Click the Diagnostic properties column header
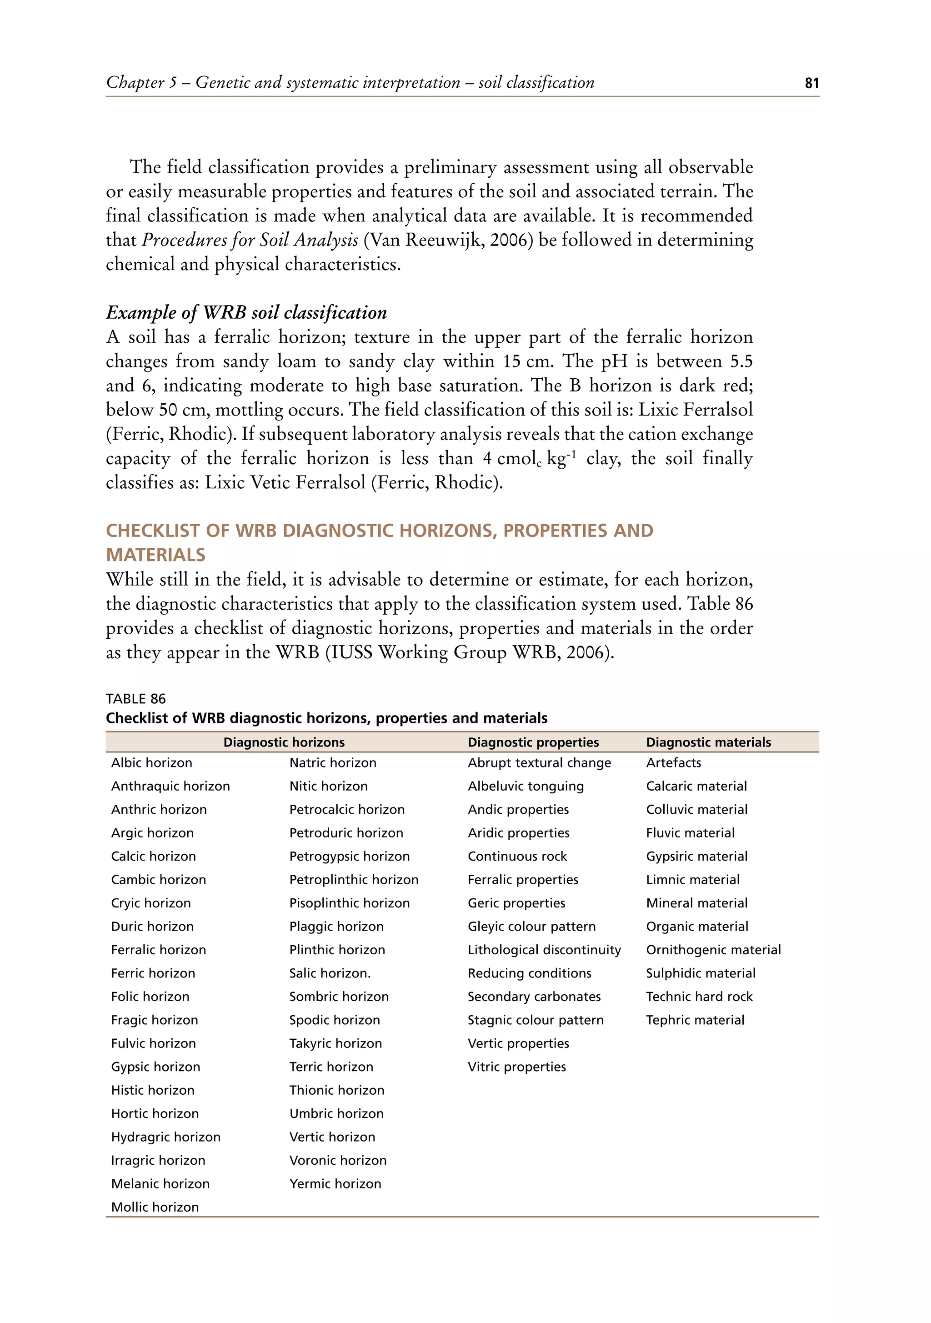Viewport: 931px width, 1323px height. click(x=533, y=742)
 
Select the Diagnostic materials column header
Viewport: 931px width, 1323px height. click(x=708, y=742)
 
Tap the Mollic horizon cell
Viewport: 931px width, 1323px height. click(x=155, y=1207)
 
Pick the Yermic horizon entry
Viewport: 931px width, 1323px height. click(x=335, y=1183)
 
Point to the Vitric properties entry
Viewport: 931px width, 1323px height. click(x=516, y=1067)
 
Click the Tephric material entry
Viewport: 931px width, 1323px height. click(x=695, y=1020)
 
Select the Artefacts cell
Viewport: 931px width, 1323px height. click(x=674, y=763)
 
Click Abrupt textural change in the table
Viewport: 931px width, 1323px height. click(x=539, y=763)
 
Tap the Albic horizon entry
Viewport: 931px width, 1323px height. click(x=151, y=763)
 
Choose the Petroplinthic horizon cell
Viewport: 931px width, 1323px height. click(x=354, y=880)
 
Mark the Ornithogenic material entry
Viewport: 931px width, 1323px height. click(x=713, y=950)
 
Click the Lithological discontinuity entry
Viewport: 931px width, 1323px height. click(x=544, y=950)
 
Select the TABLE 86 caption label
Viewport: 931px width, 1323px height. click(x=135, y=699)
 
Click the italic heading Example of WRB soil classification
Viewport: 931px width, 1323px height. click(x=246, y=312)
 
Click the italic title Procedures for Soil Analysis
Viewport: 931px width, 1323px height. click(x=250, y=240)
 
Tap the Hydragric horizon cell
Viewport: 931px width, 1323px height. click(x=165, y=1137)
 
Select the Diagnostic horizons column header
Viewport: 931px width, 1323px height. click(x=284, y=742)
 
